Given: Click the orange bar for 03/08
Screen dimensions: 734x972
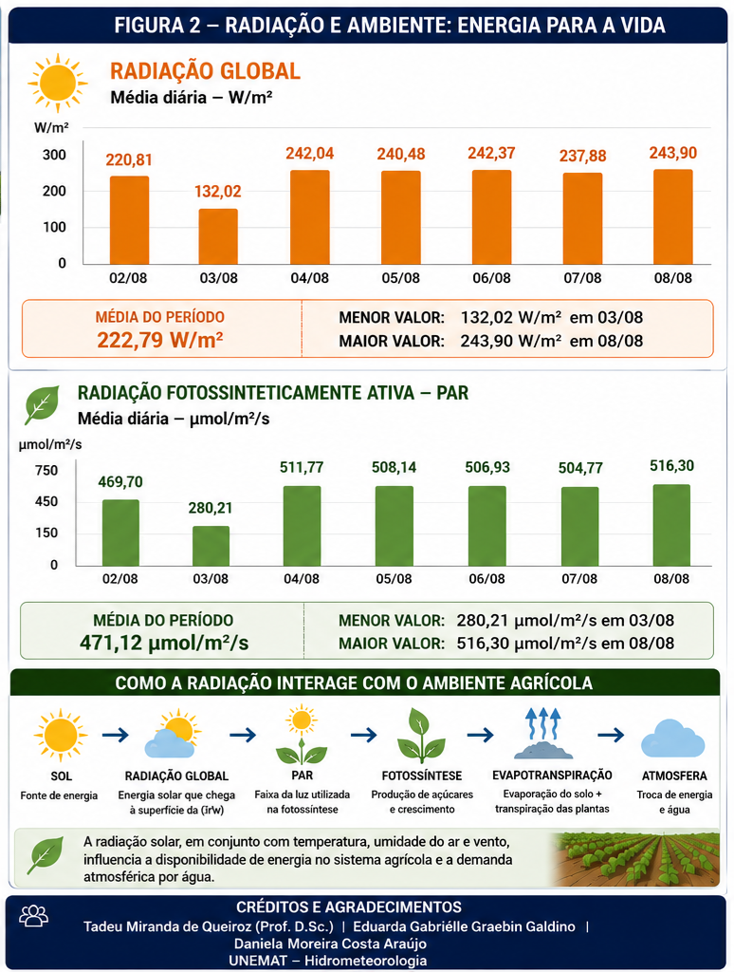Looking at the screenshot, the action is (218, 236).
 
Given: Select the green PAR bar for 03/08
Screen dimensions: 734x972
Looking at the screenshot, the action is (211, 546).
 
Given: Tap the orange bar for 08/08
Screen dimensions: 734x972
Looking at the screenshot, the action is (672, 217).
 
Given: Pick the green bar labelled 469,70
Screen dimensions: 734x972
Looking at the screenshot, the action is (120, 533).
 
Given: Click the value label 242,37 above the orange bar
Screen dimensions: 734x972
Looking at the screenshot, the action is (491, 153).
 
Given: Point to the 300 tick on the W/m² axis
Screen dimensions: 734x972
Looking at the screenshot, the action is (54, 155).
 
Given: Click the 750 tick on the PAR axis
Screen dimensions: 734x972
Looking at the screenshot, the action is (46, 471).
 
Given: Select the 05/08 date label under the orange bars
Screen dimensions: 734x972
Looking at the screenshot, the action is (401, 278).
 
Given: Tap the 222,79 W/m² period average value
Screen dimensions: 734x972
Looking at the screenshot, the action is (160, 341).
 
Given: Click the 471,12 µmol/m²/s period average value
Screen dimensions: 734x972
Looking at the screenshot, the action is (163, 643).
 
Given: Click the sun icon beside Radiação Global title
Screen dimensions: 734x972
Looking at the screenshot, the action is (58, 84).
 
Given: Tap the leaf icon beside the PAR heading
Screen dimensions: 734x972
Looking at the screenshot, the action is (42, 404).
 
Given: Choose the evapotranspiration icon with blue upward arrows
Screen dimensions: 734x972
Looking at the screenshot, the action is (543, 734).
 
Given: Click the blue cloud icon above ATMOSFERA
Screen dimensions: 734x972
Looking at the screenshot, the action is (672, 738).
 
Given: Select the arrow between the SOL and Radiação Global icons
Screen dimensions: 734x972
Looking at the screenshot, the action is (115, 736).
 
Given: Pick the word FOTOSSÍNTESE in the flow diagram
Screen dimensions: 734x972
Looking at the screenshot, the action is (422, 776).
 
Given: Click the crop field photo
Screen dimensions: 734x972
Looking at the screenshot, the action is (636, 859).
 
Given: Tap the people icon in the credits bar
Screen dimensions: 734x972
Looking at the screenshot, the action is (34, 916).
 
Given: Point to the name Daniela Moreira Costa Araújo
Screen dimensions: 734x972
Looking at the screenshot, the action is (330, 944).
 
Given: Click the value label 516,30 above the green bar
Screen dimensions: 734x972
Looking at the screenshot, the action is (671, 465).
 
